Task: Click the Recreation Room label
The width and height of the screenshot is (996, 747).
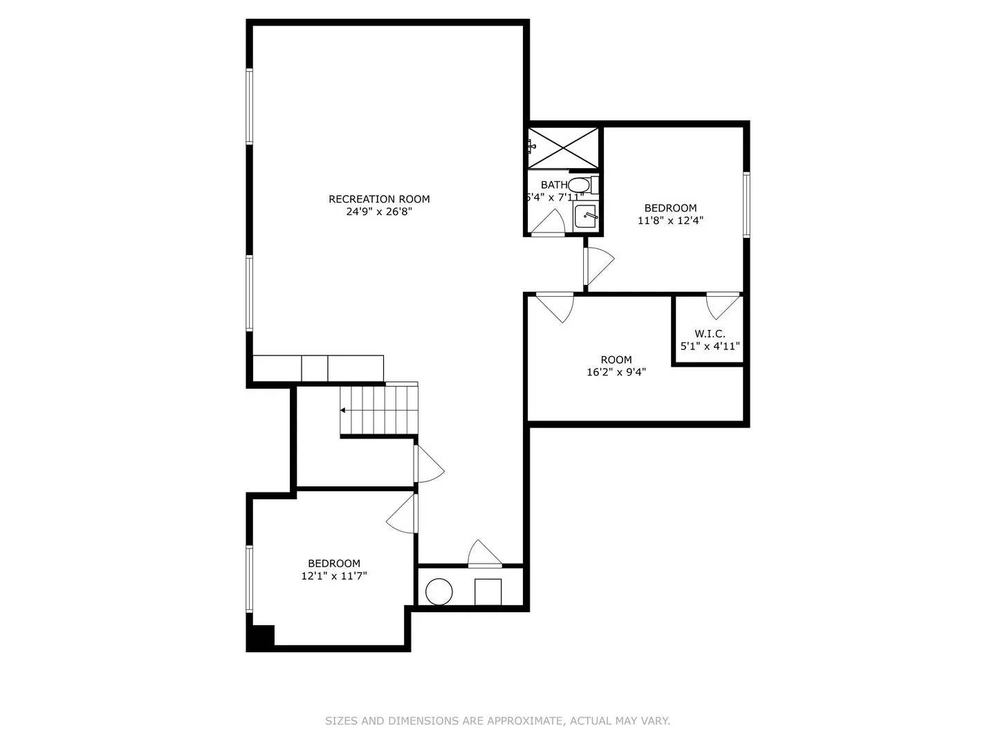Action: [379, 199]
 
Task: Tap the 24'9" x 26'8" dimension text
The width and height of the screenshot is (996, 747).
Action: [379, 212]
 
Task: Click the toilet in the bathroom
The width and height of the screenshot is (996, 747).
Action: [582, 185]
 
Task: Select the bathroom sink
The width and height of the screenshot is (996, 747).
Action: [586, 216]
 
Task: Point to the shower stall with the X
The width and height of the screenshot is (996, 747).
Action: [563, 148]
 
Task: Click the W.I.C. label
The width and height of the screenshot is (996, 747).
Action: [710, 334]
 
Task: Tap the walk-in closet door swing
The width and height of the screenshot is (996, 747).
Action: [723, 306]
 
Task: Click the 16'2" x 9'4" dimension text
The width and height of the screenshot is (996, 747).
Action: [616, 372]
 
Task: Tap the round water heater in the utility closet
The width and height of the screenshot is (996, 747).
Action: [439, 591]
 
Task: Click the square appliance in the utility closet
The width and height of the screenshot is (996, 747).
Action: [488, 591]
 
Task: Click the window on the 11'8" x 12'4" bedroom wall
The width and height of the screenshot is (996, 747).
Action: [746, 205]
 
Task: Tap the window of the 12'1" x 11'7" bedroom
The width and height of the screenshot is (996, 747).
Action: [249, 579]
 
